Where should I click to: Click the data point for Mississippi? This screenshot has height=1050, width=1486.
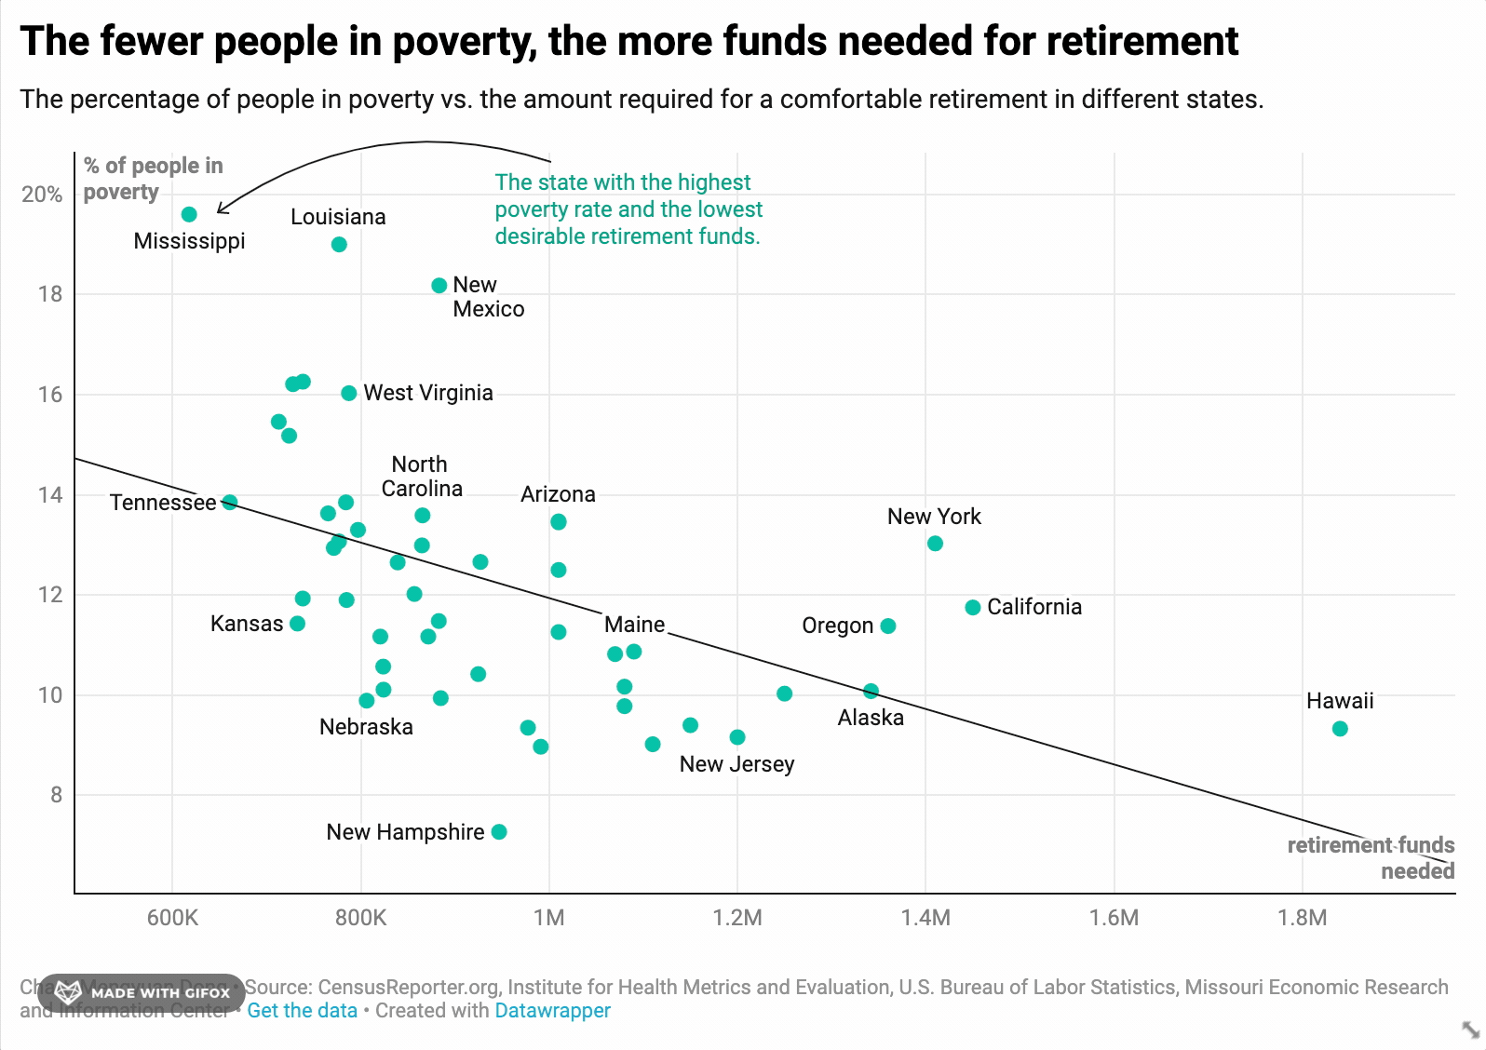pos(189,215)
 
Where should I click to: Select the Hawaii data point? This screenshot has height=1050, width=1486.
pos(1340,729)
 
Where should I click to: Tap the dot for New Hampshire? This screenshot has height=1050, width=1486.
pos(499,832)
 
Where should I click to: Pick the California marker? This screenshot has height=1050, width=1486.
pos(973,608)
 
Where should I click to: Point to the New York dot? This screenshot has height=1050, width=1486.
pos(935,544)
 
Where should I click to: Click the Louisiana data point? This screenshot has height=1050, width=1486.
pos(339,245)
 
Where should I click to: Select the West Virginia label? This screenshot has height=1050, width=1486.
pos(427,393)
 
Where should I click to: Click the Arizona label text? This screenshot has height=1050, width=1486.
pos(558,494)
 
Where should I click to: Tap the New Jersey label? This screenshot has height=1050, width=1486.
pos(736,764)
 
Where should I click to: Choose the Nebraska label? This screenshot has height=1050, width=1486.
pos(366,727)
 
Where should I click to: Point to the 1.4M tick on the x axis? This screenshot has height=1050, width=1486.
pos(925,918)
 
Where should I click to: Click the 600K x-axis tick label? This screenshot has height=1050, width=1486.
pos(172,918)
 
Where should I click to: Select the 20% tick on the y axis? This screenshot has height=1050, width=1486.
pos(42,195)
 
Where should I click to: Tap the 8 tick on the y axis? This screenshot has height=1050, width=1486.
pos(57,795)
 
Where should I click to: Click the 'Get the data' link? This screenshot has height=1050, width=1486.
pos(302,1011)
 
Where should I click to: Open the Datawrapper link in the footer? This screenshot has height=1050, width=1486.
pos(552,1011)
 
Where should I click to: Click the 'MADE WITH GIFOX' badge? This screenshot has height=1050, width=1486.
pos(142,993)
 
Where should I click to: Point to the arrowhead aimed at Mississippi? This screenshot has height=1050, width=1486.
pos(220,210)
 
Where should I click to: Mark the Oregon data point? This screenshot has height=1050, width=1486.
pos(888,626)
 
